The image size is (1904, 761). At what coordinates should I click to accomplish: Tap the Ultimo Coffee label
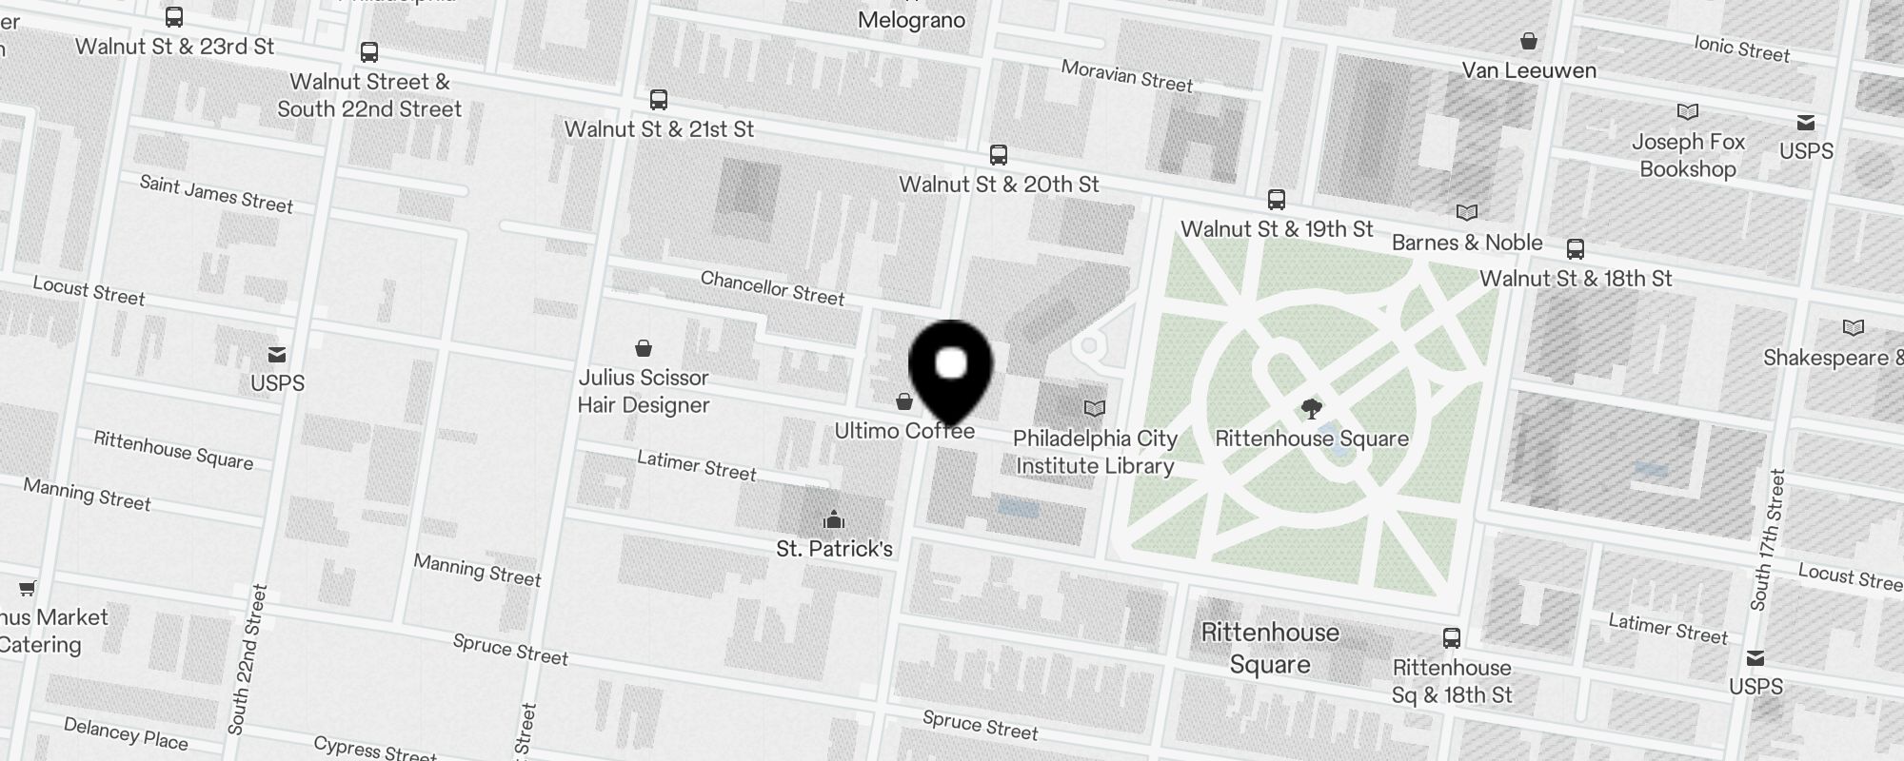[904, 431]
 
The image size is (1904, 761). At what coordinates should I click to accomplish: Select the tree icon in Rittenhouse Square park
[1311, 410]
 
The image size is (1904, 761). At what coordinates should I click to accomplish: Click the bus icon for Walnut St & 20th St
[998, 155]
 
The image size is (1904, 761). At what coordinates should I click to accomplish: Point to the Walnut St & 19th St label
[1277, 229]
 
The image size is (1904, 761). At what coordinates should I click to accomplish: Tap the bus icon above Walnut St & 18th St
[1576, 250]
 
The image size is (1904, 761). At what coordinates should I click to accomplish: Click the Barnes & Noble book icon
[1467, 213]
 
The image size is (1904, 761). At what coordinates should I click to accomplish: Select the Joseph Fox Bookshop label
[1688, 156]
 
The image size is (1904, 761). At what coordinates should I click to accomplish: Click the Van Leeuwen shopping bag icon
[1528, 42]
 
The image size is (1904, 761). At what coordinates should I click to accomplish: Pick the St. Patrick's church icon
[834, 519]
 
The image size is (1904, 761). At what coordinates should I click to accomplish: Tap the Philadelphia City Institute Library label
[1095, 452]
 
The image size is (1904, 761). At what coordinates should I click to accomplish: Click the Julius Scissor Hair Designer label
[644, 391]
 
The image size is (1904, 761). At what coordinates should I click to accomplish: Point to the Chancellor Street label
[772, 288]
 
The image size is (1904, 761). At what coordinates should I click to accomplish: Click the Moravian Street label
[1126, 76]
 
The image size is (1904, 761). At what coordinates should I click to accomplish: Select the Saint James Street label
[216, 194]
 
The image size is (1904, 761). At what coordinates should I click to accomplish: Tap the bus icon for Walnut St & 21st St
[658, 100]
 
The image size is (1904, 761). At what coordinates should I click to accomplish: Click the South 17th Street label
[1768, 540]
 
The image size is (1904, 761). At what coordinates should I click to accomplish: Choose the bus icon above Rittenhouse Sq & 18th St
[1451, 638]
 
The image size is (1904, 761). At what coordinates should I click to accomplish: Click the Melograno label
[911, 20]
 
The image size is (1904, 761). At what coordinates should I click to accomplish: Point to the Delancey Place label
[126, 733]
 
